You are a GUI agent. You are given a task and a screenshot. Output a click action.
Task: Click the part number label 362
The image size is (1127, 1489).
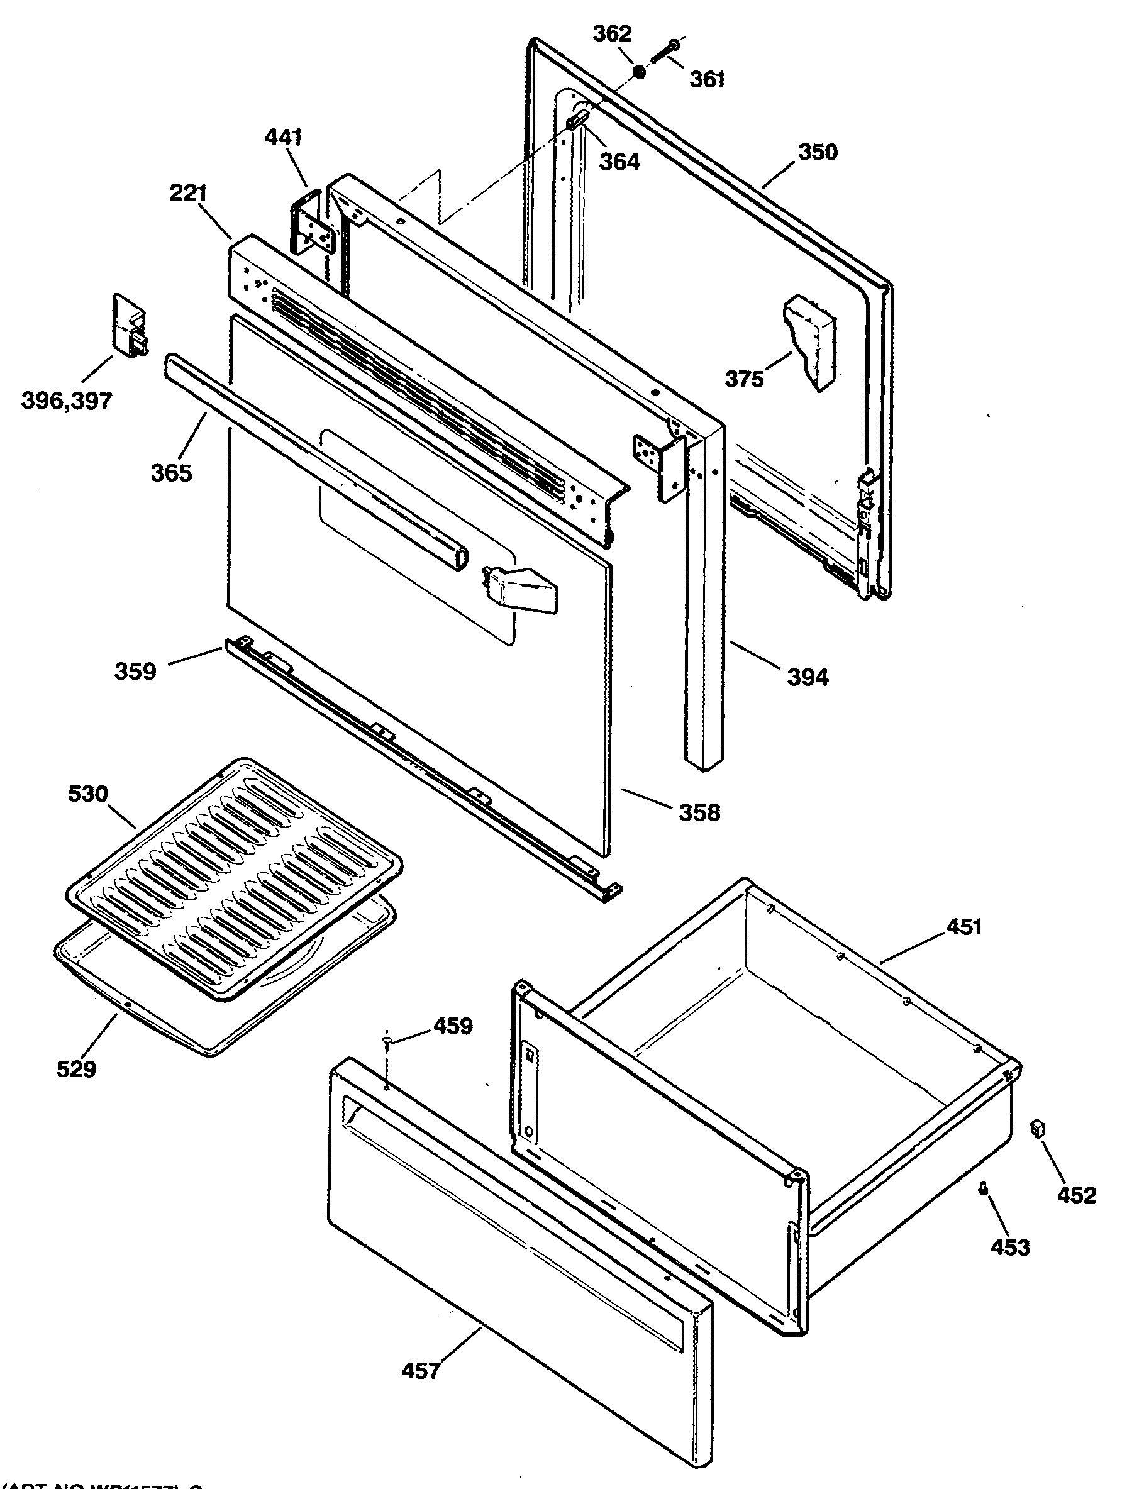[611, 34]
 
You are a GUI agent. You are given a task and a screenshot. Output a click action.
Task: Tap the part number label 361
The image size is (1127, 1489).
[707, 79]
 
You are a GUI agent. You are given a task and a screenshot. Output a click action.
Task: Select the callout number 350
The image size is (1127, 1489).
[818, 152]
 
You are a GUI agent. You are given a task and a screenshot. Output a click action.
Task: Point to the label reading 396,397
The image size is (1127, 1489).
[67, 401]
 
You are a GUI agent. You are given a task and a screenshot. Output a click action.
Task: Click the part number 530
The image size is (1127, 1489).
[88, 794]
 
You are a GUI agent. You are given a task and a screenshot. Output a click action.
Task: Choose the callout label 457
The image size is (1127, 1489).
[421, 1371]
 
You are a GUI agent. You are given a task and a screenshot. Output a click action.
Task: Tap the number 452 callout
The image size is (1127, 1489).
[1077, 1195]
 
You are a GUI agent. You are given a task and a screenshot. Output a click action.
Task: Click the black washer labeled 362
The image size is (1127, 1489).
[639, 70]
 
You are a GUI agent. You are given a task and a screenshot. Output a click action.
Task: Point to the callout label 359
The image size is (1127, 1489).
[135, 671]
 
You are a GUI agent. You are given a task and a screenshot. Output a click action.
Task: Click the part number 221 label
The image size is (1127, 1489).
[188, 194]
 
